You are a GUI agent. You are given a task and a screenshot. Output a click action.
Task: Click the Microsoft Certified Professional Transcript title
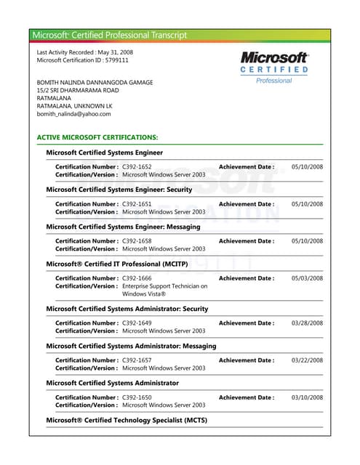click(x=110, y=35)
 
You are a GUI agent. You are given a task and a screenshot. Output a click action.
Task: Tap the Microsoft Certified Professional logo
click(x=274, y=66)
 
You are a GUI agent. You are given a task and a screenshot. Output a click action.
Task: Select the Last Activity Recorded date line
click(x=86, y=52)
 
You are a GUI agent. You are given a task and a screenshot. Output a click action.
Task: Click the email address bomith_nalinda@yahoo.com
click(x=73, y=114)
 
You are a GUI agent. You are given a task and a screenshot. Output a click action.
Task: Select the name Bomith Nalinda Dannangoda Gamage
click(x=95, y=83)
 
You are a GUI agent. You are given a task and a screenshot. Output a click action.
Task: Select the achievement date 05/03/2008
click(x=307, y=278)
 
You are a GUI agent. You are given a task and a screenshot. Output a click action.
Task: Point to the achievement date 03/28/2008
click(x=307, y=323)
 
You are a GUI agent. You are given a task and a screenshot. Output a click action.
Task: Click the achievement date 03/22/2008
click(x=307, y=360)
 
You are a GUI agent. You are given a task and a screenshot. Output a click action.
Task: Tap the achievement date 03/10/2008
click(x=307, y=397)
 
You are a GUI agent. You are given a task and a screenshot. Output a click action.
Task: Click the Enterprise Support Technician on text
click(x=164, y=286)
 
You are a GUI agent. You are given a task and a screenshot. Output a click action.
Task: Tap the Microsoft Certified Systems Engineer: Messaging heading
click(x=124, y=226)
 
